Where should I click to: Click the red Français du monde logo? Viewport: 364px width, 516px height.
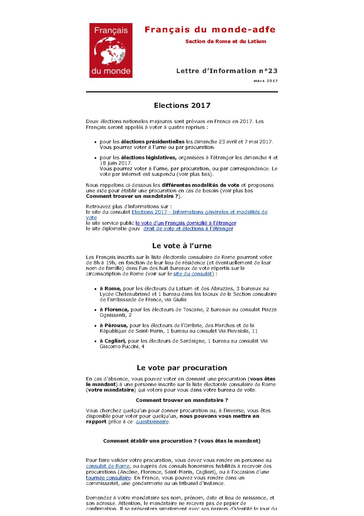[111, 50]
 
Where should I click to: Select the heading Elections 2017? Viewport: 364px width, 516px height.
[182, 105]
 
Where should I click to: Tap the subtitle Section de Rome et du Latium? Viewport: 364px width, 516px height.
[225, 41]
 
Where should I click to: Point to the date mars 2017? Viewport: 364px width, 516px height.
[266, 81]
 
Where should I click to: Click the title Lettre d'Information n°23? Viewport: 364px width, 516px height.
[227, 71]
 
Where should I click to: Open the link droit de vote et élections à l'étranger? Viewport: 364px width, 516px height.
[188, 229]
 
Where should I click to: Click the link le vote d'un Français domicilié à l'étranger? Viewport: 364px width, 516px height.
[186, 223]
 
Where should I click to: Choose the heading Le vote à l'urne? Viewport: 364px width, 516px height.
[182, 246]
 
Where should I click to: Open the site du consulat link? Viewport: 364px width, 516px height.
[192, 274]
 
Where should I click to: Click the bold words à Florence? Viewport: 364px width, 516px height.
[114, 310]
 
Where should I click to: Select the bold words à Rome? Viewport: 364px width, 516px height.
[111, 289]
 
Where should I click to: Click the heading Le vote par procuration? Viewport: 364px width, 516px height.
[182, 368]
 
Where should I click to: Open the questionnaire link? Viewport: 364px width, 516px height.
[152, 422]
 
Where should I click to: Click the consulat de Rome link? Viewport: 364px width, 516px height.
[108, 466]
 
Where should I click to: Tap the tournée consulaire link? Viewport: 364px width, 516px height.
[108, 478]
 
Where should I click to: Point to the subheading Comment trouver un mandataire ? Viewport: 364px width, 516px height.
[182, 400]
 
